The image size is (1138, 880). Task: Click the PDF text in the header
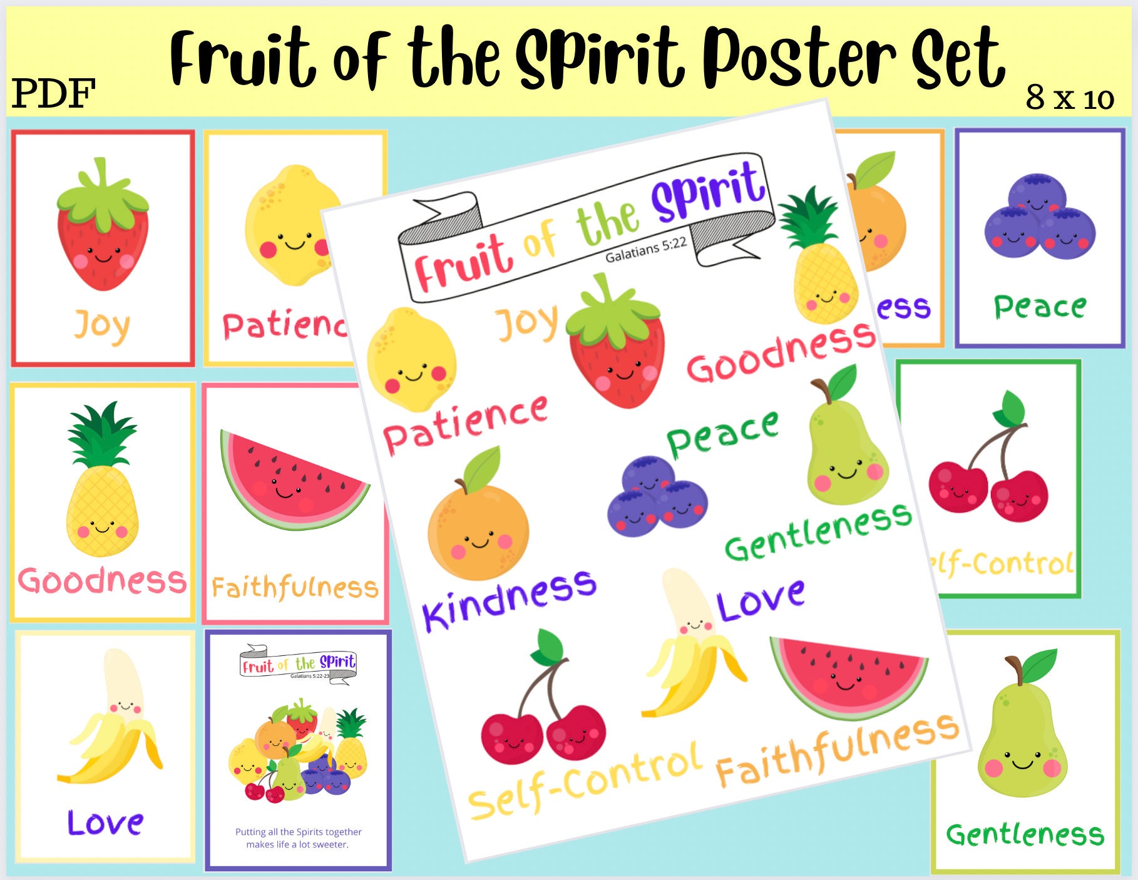(x=53, y=94)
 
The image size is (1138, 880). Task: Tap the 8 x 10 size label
(x=1070, y=98)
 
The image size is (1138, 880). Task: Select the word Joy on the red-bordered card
(x=102, y=325)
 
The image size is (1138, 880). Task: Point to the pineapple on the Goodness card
(x=102, y=482)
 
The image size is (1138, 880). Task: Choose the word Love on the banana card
(x=105, y=823)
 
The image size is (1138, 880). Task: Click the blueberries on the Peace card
(x=1040, y=219)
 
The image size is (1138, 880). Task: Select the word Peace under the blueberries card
(x=1040, y=307)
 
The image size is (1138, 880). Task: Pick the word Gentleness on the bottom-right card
(x=1025, y=835)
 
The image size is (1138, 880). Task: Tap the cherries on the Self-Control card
(x=989, y=476)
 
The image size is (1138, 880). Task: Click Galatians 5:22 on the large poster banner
(x=646, y=249)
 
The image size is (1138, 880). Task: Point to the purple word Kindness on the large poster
(x=509, y=599)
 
